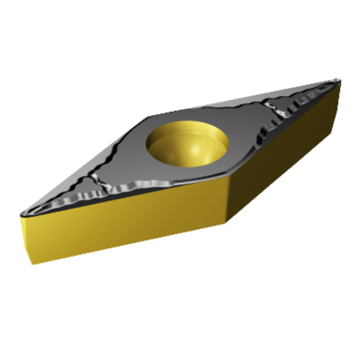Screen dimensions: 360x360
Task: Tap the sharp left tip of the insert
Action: tap(20, 211)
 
